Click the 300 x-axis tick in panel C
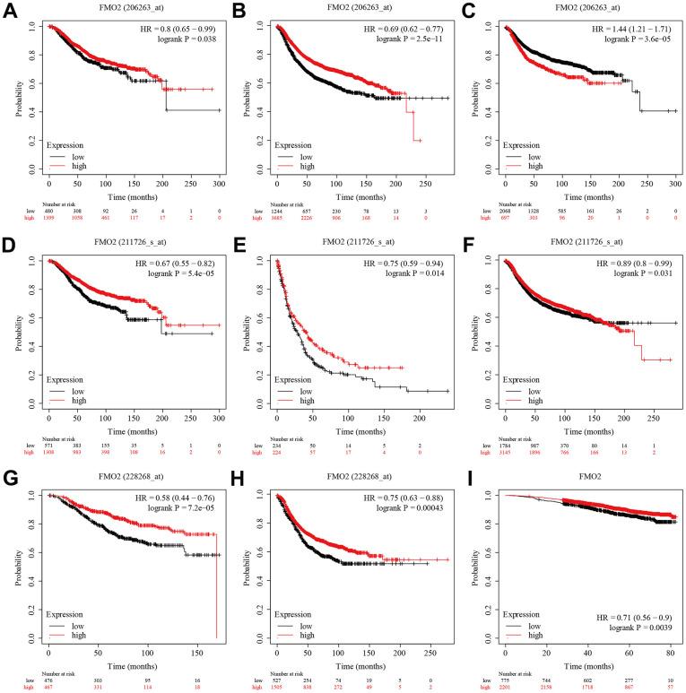(674, 184)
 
